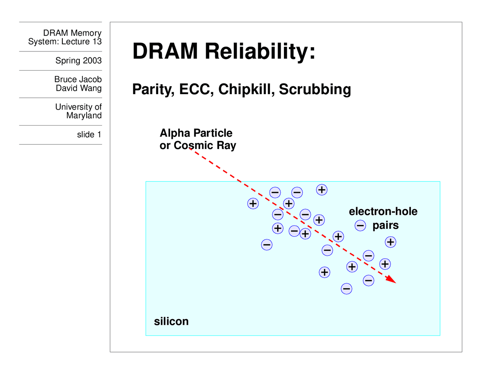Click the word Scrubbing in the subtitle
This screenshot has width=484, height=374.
pyautogui.click(x=315, y=90)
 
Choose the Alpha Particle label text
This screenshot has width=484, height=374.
pyautogui.click(x=196, y=133)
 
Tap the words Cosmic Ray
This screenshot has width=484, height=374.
pyautogui.click(x=205, y=146)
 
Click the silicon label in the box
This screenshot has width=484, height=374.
pyautogui.click(x=171, y=321)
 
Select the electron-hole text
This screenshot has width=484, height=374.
pyautogui.click(x=383, y=211)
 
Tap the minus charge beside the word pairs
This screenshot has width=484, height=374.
pyautogui.click(x=360, y=226)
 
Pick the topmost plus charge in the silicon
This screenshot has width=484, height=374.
pyautogui.click(x=322, y=190)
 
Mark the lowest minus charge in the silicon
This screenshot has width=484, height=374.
pyautogui.click(x=346, y=289)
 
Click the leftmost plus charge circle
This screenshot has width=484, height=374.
pyautogui.click(x=253, y=203)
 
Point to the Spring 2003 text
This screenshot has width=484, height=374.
pyautogui.click(x=78, y=61)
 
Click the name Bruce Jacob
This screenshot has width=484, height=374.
pyautogui.click(x=78, y=79)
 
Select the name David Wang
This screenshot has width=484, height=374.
pyautogui.click(x=79, y=88)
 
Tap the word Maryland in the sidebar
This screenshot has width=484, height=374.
pyautogui.click(x=84, y=116)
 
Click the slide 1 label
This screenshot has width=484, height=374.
pyautogui.click(x=89, y=135)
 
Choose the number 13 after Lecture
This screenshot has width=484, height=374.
pyautogui.click(x=97, y=42)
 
